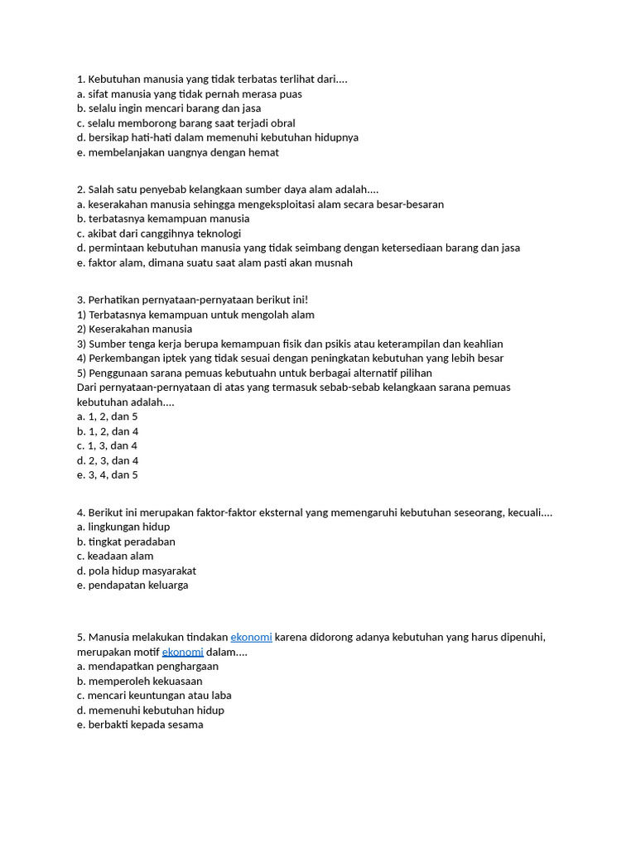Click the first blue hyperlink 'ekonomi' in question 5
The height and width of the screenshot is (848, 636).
click(251, 637)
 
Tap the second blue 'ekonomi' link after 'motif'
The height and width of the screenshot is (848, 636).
click(182, 652)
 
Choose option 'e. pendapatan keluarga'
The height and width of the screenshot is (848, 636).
click(132, 585)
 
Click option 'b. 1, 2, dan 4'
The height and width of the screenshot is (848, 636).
click(108, 431)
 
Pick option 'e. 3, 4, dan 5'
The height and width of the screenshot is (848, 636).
click(108, 475)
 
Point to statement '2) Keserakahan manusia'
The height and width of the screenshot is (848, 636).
click(134, 329)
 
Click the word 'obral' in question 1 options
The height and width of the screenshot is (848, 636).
click(281, 123)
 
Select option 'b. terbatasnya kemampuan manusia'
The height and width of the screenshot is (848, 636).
click(163, 219)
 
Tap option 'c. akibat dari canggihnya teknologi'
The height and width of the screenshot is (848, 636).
click(158, 234)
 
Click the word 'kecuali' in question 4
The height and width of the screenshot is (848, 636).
click(530, 513)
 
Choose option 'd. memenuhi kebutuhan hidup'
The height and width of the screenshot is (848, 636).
click(151, 710)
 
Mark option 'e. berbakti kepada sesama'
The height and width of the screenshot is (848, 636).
click(140, 725)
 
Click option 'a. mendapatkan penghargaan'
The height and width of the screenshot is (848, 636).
click(147, 666)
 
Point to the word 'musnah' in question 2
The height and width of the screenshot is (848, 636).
click(335, 263)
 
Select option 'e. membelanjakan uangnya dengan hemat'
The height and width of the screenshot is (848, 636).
click(178, 152)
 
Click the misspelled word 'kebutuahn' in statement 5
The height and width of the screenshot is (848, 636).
click(277, 373)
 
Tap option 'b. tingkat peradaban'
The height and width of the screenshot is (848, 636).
click(126, 542)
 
